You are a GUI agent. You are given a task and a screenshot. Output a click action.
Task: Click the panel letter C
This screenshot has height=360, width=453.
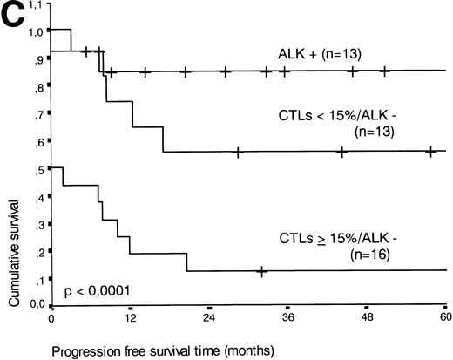[16, 16]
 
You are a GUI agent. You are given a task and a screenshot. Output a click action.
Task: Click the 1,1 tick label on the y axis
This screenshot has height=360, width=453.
[37, 5]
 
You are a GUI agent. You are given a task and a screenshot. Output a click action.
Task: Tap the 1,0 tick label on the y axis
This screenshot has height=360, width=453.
[37, 32]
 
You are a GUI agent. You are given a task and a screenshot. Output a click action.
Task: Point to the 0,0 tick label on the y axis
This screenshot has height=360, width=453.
[37, 306]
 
